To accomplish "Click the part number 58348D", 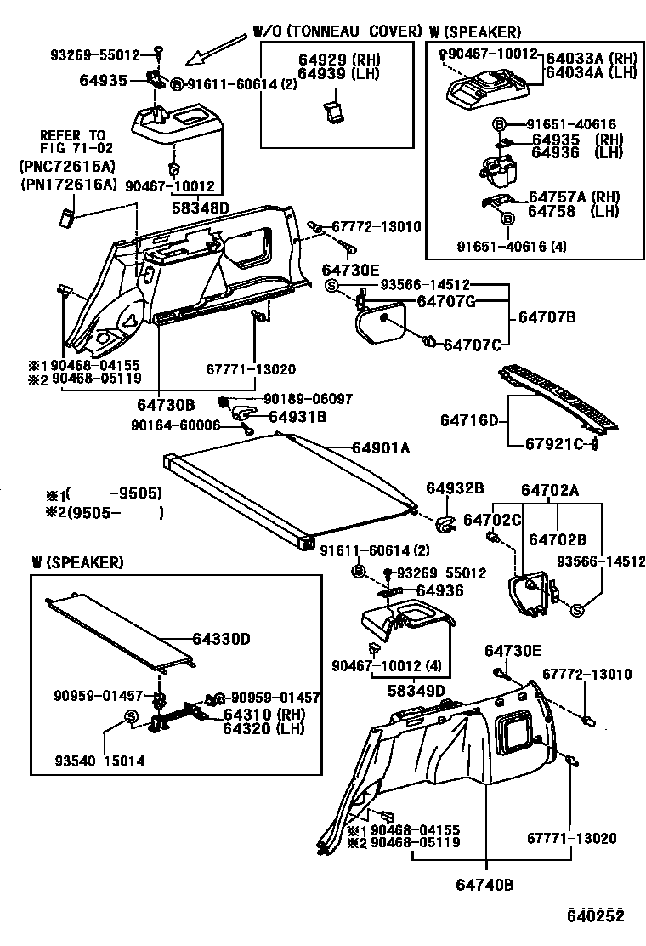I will point(201,208).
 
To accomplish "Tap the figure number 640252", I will point(596,915).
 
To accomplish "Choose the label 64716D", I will point(468,421).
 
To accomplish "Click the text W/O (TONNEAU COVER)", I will point(337,31).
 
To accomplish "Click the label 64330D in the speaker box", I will point(222,639).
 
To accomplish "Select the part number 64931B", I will point(297,416).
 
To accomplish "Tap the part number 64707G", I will point(446,301).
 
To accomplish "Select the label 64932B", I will point(455,488).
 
